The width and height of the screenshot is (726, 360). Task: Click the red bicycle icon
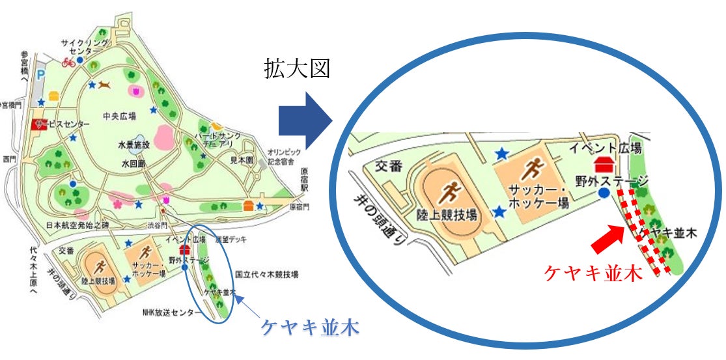[68, 62]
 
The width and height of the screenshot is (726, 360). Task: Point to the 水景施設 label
[134, 145]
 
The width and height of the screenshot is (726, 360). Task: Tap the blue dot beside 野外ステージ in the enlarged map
[604, 193]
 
